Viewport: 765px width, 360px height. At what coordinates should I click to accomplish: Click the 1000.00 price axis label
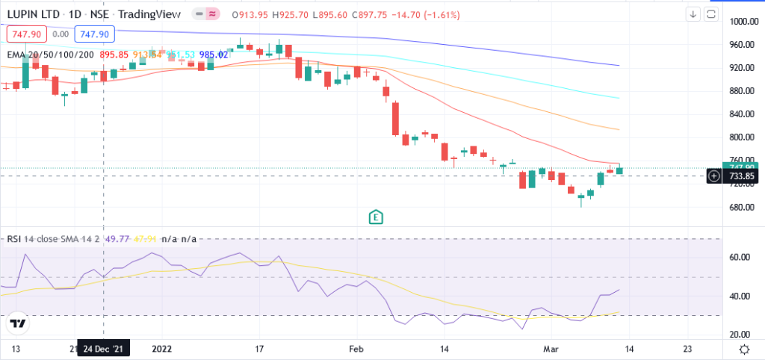click(744, 22)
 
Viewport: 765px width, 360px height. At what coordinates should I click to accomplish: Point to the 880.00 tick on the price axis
click(744, 91)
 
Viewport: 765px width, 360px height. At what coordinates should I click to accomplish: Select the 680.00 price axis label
click(744, 207)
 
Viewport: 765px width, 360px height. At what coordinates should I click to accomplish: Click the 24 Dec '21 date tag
click(102, 349)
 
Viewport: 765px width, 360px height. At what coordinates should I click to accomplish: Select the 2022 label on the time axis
click(162, 349)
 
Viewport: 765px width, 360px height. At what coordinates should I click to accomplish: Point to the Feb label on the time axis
click(356, 349)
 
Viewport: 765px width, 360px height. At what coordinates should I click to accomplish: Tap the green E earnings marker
click(377, 217)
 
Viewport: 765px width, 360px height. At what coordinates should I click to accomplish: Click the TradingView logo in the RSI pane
click(19, 323)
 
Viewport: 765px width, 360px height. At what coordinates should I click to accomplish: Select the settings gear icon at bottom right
click(744, 349)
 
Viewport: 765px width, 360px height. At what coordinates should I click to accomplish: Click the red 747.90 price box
click(26, 34)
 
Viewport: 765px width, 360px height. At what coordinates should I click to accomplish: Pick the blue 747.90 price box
click(96, 34)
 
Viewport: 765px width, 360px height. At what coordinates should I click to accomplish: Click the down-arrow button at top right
click(693, 14)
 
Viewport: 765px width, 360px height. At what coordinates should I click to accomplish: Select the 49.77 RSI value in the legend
click(118, 239)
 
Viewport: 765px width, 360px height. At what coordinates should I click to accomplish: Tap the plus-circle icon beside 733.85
click(714, 176)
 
